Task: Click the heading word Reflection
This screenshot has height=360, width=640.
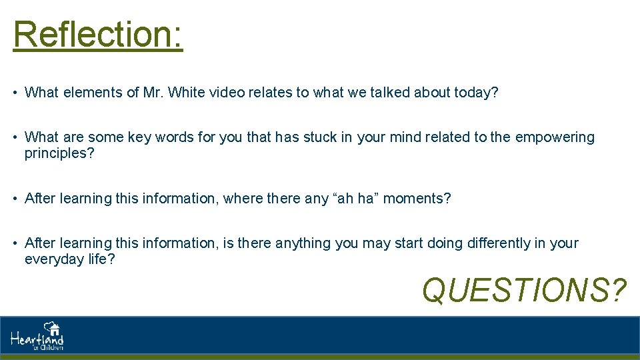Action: [97, 35]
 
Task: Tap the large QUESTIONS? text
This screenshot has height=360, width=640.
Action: [525, 290]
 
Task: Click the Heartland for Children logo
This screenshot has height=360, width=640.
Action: [37, 336]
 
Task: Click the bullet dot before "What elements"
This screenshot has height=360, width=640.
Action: [15, 93]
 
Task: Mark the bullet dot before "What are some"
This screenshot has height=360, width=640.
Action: [15, 137]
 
